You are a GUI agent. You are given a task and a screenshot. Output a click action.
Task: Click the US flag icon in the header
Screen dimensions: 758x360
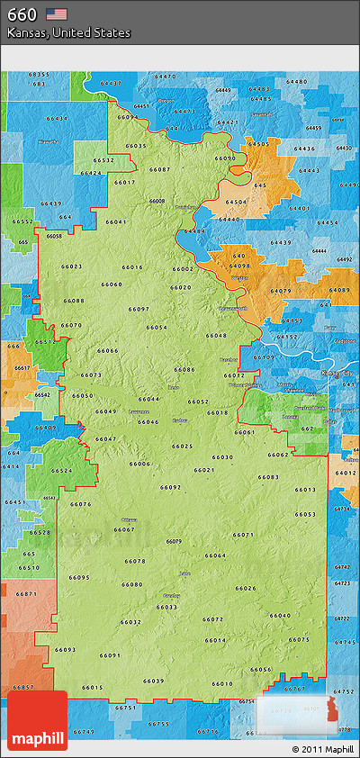pos(57,14)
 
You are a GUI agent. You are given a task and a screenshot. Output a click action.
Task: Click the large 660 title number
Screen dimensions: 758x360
pos(22,14)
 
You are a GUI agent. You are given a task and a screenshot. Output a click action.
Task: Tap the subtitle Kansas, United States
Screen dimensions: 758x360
pos(68,32)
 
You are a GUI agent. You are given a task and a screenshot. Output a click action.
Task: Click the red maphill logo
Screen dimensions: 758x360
pos(39,721)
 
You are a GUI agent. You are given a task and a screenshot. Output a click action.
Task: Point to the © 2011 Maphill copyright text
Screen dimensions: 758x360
pos(322,749)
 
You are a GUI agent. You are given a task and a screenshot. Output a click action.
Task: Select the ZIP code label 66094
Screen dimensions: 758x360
pos(128,117)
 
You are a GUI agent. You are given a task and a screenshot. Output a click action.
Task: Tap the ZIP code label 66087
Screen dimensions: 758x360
pos(159,169)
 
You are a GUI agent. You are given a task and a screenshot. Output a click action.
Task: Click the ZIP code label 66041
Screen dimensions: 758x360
pos(116,221)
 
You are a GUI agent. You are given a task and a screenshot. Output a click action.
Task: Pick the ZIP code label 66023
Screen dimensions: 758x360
pos(72,266)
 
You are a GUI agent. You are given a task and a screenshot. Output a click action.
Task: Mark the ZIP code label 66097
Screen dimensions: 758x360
pos(139,309)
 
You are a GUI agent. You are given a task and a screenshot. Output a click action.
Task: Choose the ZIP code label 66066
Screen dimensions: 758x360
pos(108,350)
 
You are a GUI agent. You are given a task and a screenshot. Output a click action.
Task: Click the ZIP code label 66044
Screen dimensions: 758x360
pos(149,399)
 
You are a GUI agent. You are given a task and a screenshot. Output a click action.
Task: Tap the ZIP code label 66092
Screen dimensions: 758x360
pos(171,487)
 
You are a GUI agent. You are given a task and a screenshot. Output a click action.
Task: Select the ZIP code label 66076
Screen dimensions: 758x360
pos(81,504)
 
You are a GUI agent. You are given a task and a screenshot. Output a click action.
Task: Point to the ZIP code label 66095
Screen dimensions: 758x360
pos(79,577)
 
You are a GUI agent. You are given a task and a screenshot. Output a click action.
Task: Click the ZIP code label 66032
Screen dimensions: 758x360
pos(130,622)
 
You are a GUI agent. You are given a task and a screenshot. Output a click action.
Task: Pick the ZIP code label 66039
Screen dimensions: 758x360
pos(154,681)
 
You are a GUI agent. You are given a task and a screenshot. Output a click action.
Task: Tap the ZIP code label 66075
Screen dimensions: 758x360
pos(299,639)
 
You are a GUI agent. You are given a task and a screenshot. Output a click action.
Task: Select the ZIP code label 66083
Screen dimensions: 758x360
pos(268,477)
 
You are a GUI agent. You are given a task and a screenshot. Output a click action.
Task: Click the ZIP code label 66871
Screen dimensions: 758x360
pos(27,594)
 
